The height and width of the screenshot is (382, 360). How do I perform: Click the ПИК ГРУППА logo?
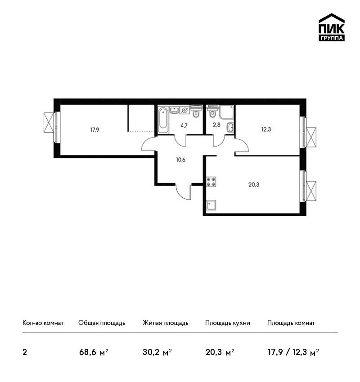[x=332, y=27]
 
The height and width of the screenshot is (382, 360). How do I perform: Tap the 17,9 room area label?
[x=94, y=130]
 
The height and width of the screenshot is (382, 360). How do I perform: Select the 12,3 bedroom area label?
[x=266, y=129]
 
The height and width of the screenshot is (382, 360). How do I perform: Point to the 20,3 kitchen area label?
[x=254, y=185]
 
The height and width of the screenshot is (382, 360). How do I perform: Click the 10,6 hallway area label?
[x=181, y=160]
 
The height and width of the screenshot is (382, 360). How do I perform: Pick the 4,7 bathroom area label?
[x=184, y=126]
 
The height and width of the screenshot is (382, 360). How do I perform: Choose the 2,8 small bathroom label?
[x=216, y=125]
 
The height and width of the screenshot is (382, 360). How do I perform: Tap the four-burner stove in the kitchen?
[x=211, y=182]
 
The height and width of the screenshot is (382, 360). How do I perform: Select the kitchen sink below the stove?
[x=211, y=205]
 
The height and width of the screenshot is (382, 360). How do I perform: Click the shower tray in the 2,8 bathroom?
[x=226, y=112]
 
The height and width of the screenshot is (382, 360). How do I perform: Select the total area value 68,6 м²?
[x=94, y=352]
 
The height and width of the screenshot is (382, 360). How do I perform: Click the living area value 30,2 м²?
[x=157, y=352]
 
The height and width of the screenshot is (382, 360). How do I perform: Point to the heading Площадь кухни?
[x=228, y=323]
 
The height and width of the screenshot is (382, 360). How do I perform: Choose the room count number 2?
[x=25, y=352]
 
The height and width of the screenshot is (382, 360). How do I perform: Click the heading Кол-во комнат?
[x=43, y=323]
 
